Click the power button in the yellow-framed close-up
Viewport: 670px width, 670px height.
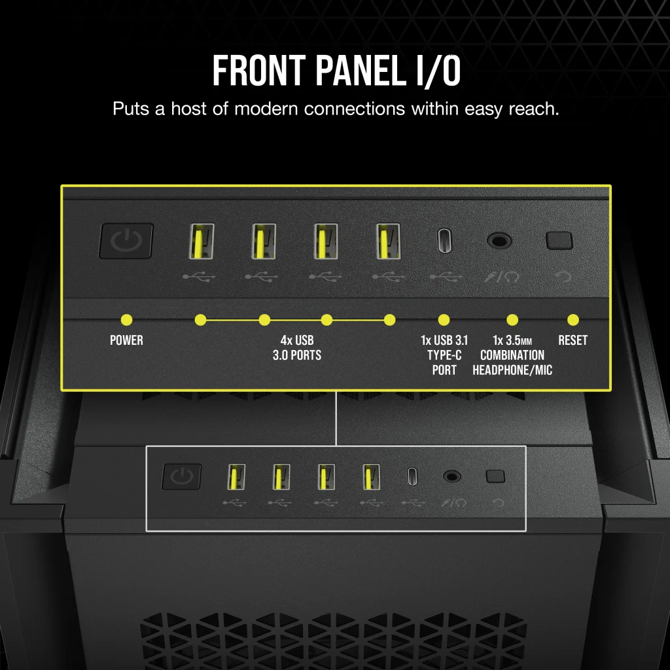pos(126,241)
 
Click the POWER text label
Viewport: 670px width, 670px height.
pos(126,340)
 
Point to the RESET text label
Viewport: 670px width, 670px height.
pos(573,340)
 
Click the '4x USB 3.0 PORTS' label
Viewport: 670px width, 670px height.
pos(296,348)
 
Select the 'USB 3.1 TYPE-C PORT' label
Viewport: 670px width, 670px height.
pos(444,355)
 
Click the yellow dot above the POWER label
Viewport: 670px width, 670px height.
pos(127,320)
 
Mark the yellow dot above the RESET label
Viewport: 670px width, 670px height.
pos(573,320)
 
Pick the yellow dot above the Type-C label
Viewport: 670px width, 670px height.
pos(444,320)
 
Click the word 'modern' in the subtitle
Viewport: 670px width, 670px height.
pos(266,109)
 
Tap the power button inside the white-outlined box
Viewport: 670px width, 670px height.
pos(181,477)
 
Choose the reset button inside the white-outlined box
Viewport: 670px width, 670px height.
pos(495,476)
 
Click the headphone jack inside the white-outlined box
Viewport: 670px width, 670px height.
pos(451,476)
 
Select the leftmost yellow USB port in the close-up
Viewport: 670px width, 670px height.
pos(201,241)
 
